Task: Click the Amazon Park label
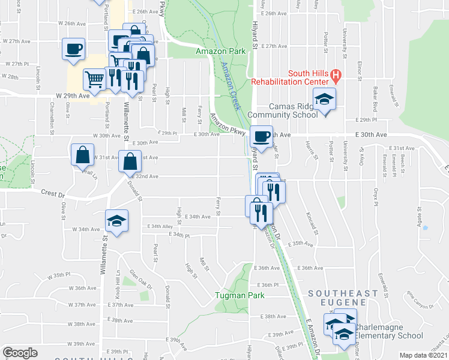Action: [221, 52]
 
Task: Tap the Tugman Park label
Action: [240, 295]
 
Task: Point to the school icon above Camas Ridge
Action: [324, 98]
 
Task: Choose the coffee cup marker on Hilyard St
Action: [261, 136]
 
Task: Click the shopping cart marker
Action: [94, 79]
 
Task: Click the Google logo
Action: [20, 352]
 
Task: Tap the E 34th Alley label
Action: [161, 226]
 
